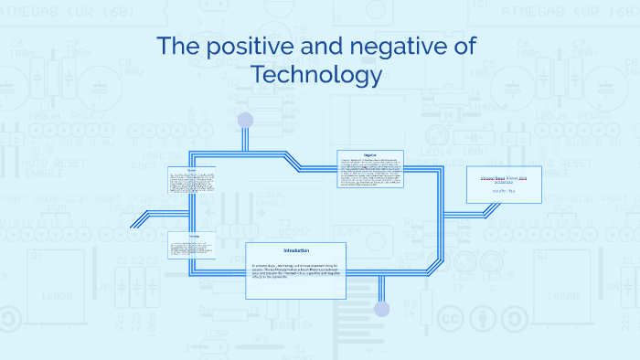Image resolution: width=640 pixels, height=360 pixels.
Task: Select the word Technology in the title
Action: (315, 75)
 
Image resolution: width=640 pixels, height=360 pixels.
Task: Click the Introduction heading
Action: (296, 250)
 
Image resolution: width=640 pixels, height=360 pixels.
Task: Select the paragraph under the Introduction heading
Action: (296, 273)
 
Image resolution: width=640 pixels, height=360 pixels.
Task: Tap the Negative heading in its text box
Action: (370, 154)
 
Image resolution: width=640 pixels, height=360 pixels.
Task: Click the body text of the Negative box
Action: (370, 172)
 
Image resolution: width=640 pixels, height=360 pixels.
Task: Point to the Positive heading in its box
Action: (192, 171)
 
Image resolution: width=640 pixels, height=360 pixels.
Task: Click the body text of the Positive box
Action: (192, 184)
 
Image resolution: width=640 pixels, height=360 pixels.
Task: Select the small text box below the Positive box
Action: (192, 245)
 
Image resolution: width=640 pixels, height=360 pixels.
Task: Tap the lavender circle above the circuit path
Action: (245, 120)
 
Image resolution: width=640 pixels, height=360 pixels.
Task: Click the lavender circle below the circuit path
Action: (382, 309)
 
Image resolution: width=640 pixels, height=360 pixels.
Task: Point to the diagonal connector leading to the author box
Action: (484, 211)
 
